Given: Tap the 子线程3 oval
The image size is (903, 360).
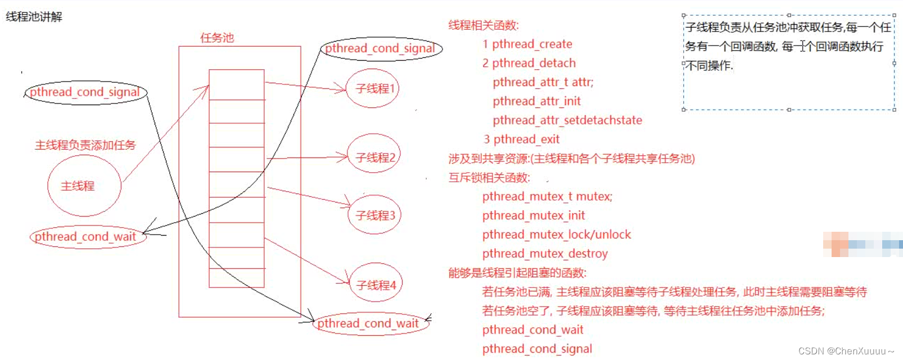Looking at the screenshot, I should pos(375,215).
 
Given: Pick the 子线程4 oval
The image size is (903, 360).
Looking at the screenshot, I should pos(376,285).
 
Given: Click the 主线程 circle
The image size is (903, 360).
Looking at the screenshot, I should pos(84,186).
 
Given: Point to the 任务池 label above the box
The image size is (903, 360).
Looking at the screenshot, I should pos(217,38).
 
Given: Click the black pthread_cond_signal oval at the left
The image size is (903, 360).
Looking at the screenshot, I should pos(85,92).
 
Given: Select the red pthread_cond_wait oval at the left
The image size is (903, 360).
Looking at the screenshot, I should pos(87,237).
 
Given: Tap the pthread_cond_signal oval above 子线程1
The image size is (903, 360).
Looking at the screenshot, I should pos(381,49).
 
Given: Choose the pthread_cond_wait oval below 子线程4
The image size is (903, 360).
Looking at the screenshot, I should pos(369,323).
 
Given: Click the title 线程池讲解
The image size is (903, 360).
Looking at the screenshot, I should pos(34,17).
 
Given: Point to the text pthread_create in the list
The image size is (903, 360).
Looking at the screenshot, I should pos(532,44).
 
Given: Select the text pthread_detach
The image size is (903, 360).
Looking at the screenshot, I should pos(534,63).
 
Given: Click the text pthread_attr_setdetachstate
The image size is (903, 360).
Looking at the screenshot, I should pos(567,120).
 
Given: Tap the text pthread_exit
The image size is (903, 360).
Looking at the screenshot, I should pos(526,139).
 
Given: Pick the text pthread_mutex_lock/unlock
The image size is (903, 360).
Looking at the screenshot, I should pos(557,235).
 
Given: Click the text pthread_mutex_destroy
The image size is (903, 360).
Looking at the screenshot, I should pos(545,254).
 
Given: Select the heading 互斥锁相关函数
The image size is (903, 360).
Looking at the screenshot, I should pos(489,178).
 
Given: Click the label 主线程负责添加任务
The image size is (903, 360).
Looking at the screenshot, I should pos(85,145).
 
